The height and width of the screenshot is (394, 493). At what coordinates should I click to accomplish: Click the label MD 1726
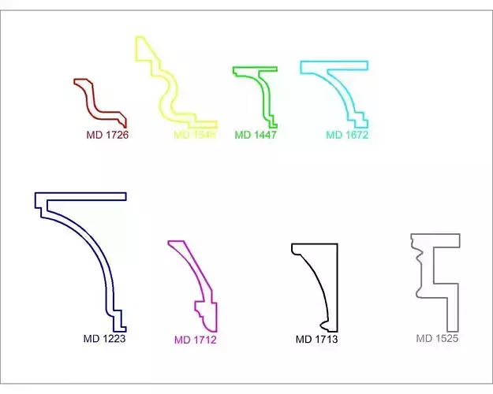[x=107, y=135]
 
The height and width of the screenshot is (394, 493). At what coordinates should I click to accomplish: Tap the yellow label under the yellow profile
[x=195, y=135]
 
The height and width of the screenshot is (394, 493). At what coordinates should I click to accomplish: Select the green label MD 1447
[x=256, y=135]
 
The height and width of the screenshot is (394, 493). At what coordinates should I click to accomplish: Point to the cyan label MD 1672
[x=347, y=135]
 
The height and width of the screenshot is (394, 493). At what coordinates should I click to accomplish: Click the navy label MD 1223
[x=104, y=339]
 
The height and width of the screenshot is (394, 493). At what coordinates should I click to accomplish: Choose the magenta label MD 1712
[x=195, y=340]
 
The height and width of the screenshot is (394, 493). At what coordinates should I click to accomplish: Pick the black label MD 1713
[x=316, y=340]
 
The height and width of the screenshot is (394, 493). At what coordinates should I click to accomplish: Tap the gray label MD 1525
[x=437, y=339]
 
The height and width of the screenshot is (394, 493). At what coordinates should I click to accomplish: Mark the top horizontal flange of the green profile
[x=255, y=69]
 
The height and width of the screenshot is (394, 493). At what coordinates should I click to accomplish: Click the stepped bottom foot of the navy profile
[x=118, y=322]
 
